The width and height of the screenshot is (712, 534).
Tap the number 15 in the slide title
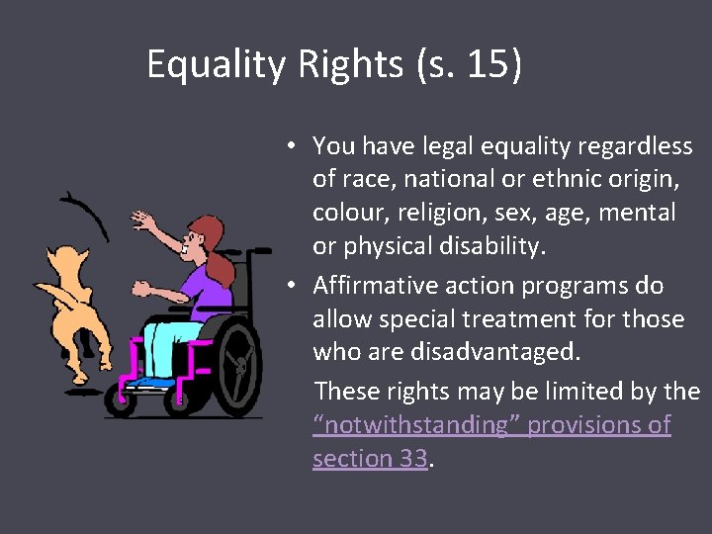[488, 65]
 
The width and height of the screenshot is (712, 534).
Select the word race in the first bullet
[363, 180]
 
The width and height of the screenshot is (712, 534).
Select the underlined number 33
[414, 459]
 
